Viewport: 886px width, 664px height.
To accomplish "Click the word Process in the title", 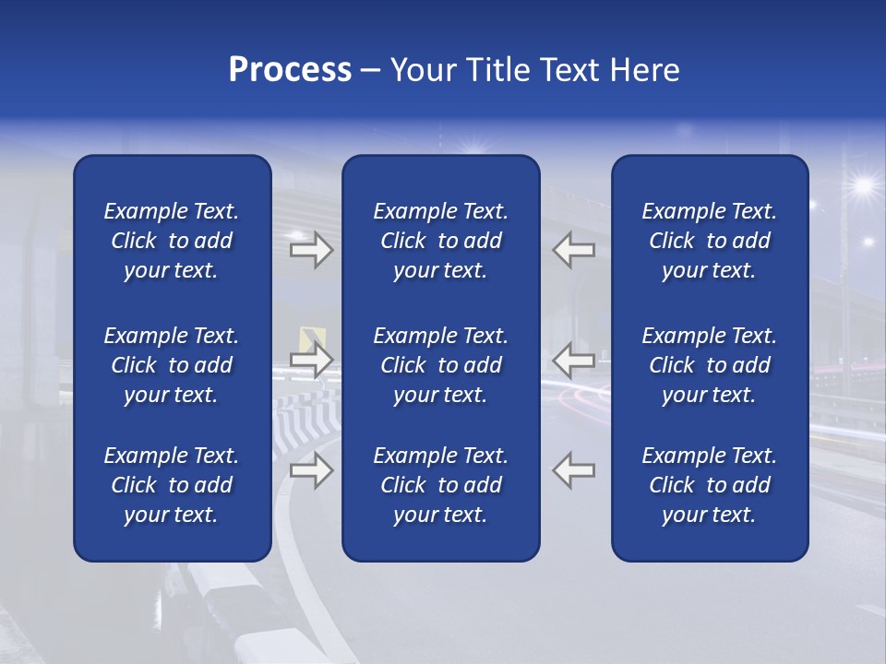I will pyautogui.click(x=290, y=70).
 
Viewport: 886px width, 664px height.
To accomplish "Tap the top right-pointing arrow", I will pyautogui.click(x=311, y=250).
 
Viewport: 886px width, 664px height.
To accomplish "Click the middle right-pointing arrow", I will pyautogui.click(x=311, y=360).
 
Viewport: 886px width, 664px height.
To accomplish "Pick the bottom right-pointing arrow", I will pyautogui.click(x=311, y=471).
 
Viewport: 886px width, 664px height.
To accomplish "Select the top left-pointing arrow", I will pyautogui.click(x=574, y=250).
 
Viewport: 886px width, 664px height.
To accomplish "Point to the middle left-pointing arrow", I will pyautogui.click(x=574, y=360).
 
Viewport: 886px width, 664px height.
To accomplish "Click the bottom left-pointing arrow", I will pyautogui.click(x=574, y=469).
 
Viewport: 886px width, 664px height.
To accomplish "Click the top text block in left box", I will pyautogui.click(x=172, y=241).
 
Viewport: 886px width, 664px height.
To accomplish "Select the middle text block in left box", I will pyautogui.click(x=172, y=365).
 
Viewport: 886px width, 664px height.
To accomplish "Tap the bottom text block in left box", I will pyautogui.click(x=172, y=485).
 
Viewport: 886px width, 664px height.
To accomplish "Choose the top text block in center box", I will pyautogui.click(x=440, y=241).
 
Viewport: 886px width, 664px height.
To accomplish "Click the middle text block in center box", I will pyautogui.click(x=440, y=365).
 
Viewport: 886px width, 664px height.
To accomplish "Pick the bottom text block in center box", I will pyautogui.click(x=440, y=485).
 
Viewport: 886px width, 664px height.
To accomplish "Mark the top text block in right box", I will pyautogui.click(x=709, y=241).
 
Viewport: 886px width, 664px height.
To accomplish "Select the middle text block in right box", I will pyautogui.click(x=709, y=365).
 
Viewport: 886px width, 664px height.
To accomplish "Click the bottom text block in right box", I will pyautogui.click(x=709, y=485).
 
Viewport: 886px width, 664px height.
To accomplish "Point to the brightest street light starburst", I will pyautogui.click(x=863, y=186).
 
